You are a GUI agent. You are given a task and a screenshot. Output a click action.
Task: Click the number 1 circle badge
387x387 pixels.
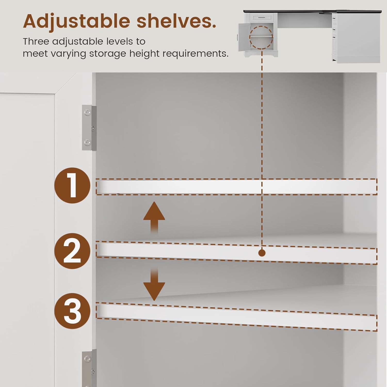pyautogui.click(x=72, y=186)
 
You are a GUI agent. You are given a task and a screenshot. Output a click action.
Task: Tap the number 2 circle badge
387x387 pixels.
pyautogui.click(x=72, y=251)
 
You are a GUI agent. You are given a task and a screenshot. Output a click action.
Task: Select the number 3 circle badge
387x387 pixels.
pyautogui.click(x=72, y=311)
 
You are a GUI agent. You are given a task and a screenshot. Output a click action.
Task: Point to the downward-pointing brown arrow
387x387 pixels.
pyautogui.click(x=154, y=284)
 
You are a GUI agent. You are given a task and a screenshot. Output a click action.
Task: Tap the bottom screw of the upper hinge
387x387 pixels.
pyautogui.click(x=88, y=142)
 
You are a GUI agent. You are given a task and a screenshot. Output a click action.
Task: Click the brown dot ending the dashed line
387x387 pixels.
pyautogui.click(x=262, y=253)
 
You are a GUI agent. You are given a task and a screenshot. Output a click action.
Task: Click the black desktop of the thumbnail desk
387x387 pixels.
pyautogui.click(x=312, y=12)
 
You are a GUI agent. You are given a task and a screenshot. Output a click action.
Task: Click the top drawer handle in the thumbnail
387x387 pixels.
pyautogui.click(x=262, y=18)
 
